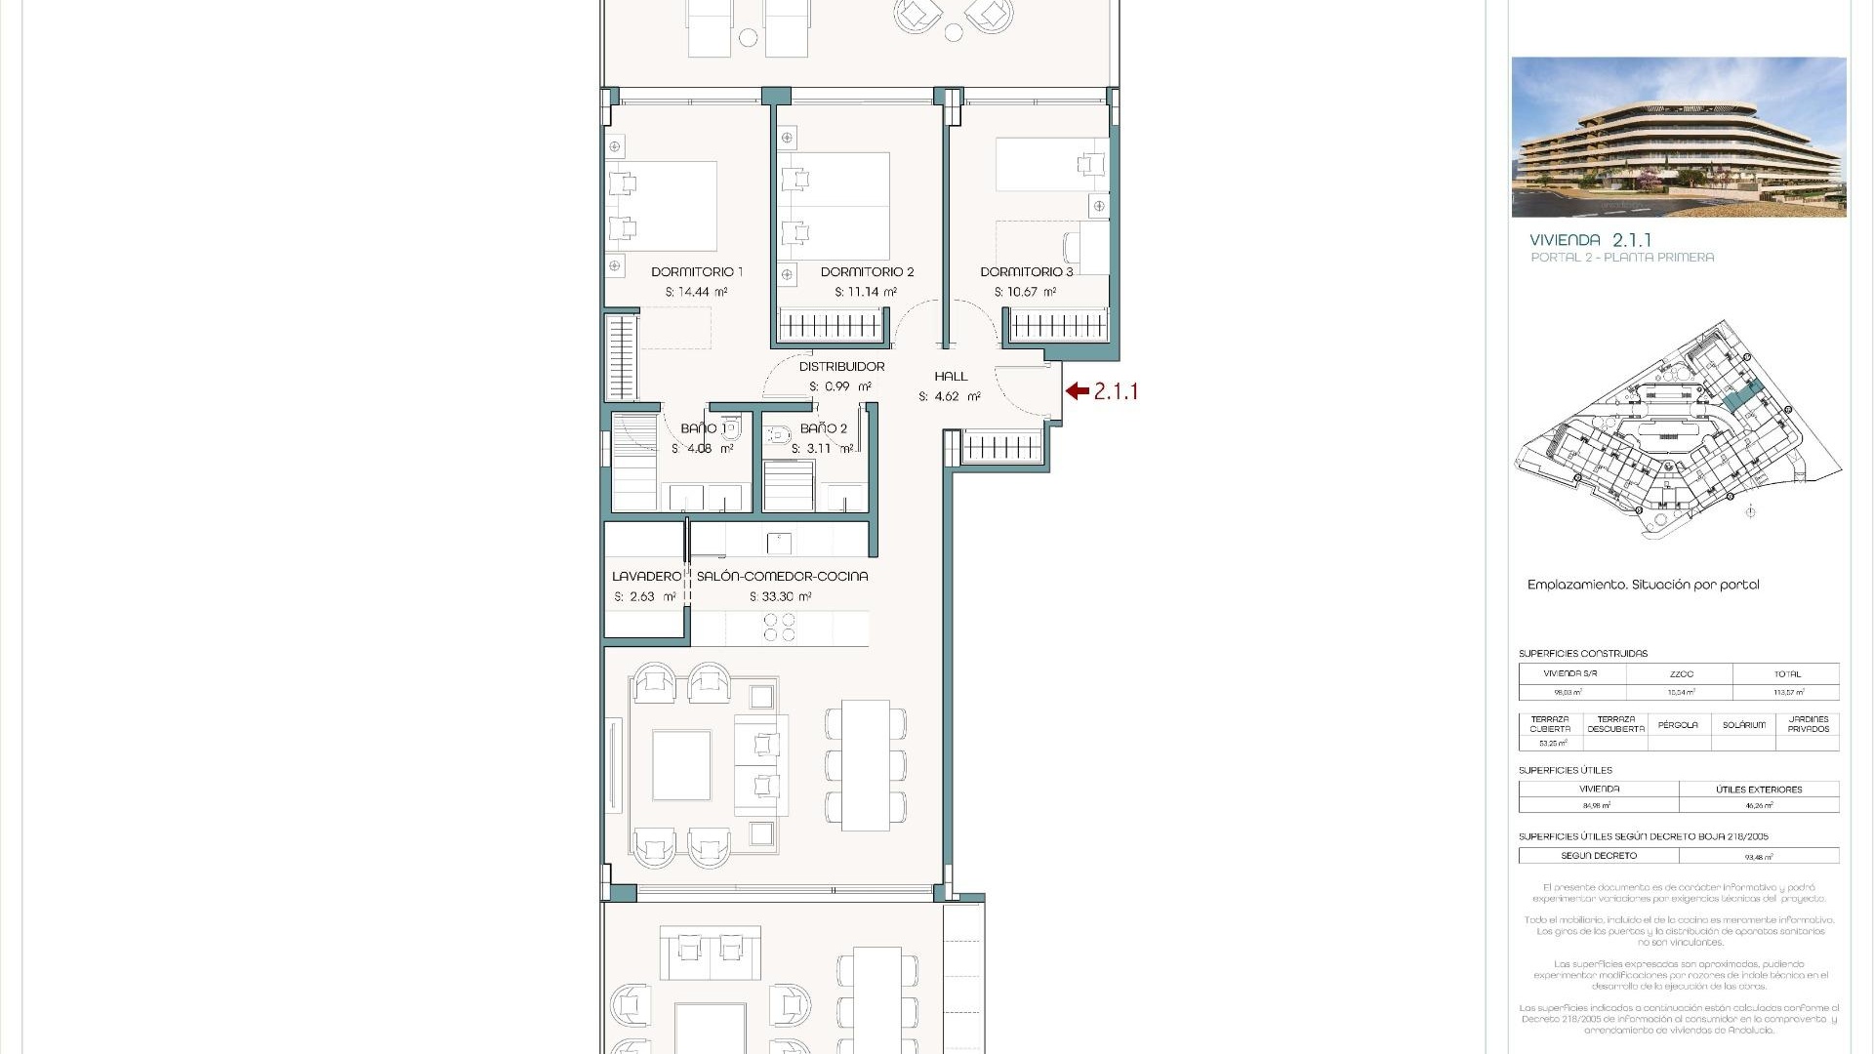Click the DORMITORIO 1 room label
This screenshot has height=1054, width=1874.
point(697,272)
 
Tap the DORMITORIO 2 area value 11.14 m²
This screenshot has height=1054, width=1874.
point(866,292)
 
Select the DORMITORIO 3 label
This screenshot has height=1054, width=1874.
point(1026,272)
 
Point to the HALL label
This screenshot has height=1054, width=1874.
point(951,377)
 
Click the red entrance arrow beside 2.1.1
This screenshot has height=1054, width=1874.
point(1078,391)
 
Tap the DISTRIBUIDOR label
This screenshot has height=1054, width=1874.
point(841,367)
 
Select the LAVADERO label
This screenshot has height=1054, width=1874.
point(645,577)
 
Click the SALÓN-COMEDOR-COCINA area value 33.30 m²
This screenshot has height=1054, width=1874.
point(781,596)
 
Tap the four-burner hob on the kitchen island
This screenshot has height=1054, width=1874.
point(779,628)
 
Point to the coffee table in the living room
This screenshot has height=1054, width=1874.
point(681,765)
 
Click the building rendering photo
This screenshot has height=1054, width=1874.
point(1678,137)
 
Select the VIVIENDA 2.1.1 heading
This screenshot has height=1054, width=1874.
point(1590,240)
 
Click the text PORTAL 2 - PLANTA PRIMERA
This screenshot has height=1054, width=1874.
point(1622,258)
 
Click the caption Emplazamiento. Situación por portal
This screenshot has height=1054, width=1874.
point(1643,585)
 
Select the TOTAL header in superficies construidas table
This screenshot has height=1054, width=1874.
point(1787,674)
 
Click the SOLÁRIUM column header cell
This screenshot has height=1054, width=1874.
point(1743,725)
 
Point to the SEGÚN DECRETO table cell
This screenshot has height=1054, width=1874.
point(1598,856)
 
